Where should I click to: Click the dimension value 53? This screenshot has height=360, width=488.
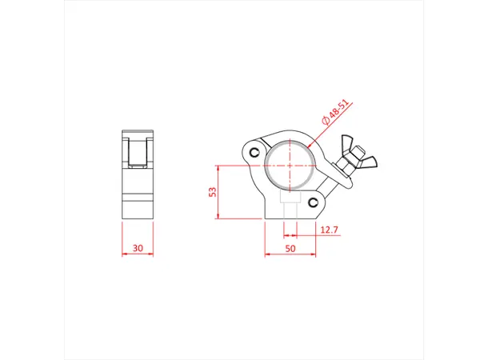point(213,193)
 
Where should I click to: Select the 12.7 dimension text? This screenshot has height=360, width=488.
point(329,230)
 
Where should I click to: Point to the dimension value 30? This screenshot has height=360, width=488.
point(138,250)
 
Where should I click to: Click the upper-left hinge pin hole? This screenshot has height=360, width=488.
point(254,151)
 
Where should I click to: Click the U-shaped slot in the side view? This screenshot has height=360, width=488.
point(138,152)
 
